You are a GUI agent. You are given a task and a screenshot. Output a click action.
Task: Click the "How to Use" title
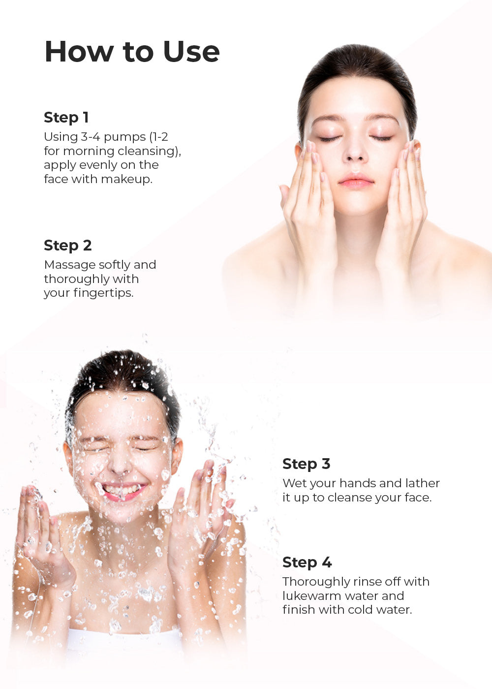(132, 51)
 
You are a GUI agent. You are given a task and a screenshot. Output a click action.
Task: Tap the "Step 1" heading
(66, 118)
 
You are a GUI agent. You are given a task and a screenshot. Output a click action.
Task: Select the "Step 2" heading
(68, 246)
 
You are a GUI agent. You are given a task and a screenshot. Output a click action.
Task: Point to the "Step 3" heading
(307, 464)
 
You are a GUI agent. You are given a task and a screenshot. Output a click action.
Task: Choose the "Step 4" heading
(307, 562)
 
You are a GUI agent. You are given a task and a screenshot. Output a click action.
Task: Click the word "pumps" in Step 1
(125, 137)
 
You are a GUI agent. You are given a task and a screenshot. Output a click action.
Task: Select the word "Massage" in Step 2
(69, 265)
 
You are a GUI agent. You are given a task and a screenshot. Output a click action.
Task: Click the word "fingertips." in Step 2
(104, 293)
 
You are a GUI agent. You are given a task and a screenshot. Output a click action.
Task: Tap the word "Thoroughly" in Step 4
(316, 582)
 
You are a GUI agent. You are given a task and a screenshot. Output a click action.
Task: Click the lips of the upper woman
(356, 181)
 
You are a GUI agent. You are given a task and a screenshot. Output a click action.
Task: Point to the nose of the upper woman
(355, 151)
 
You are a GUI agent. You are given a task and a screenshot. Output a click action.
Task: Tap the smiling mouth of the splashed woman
(124, 491)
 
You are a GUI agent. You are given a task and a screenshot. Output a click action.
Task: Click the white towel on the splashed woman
(124, 641)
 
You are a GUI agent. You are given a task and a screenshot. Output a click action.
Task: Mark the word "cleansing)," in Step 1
(150, 152)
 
